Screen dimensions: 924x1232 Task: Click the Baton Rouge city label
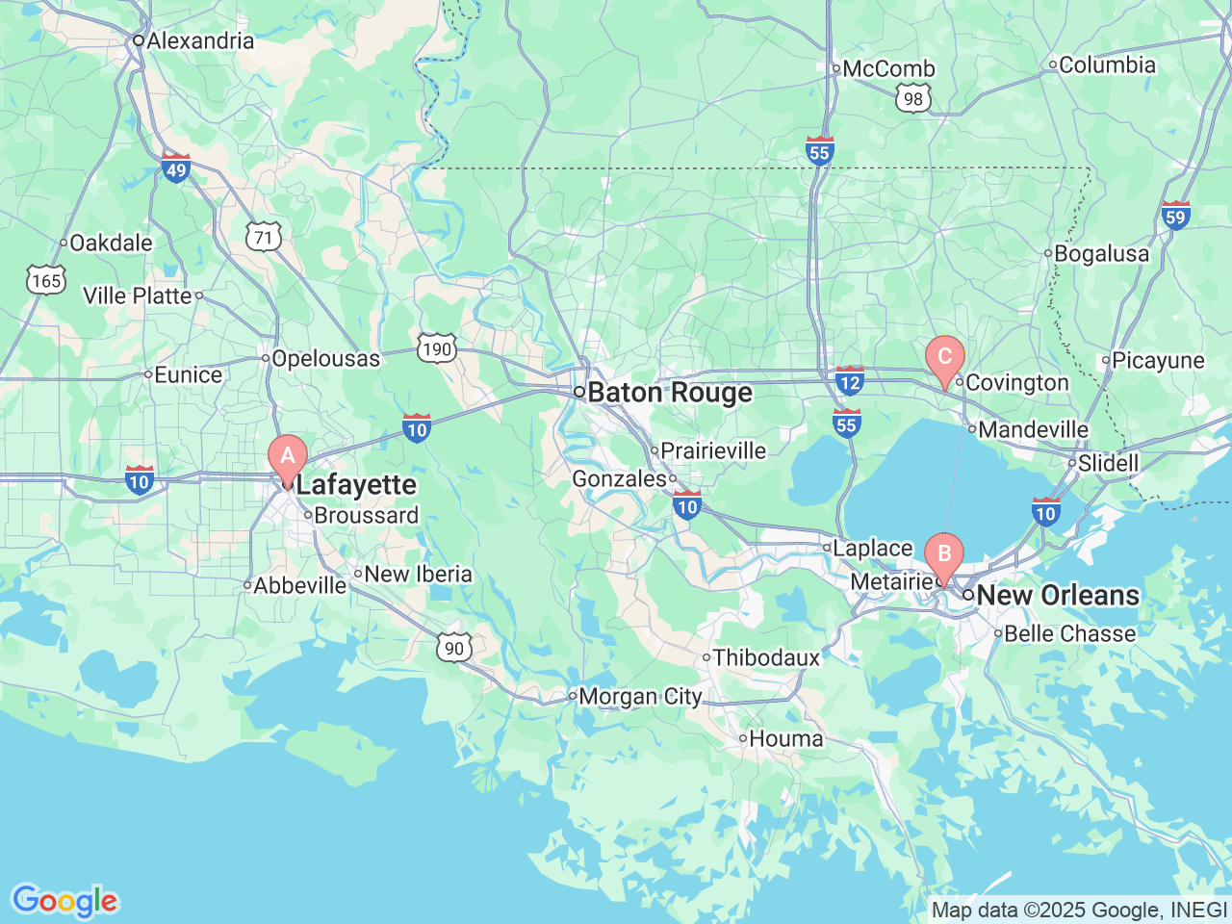(670, 393)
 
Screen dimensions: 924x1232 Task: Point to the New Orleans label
(1057, 595)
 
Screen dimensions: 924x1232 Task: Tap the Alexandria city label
(200, 40)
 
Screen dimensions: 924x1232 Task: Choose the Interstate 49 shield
(175, 167)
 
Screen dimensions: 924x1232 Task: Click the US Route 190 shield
(437, 348)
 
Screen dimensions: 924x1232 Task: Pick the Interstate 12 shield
(849, 381)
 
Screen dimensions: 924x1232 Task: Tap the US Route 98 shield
(912, 97)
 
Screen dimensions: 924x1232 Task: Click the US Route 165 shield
(46, 280)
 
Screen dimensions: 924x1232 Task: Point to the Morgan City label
(640, 696)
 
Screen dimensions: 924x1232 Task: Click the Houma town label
(785, 738)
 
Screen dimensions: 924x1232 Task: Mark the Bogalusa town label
(1101, 253)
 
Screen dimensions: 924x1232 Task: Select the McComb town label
(888, 68)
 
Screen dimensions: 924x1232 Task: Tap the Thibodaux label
(766, 657)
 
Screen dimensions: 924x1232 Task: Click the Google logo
(64, 901)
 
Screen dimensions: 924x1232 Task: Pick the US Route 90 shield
(453, 648)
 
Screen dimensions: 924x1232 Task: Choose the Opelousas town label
(325, 358)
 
